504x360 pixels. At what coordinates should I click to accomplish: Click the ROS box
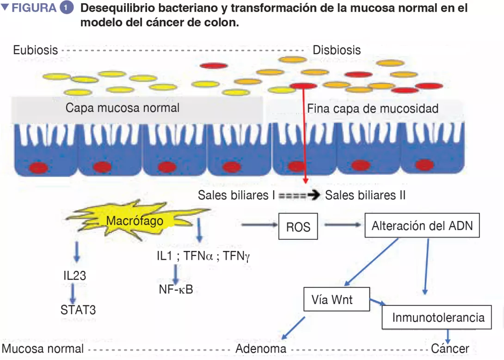tap(298, 226)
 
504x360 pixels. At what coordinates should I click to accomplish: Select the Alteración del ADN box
tap(422, 226)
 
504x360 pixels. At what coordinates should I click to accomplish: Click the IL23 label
tap(74, 275)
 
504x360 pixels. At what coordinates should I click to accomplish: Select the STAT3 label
tap(78, 309)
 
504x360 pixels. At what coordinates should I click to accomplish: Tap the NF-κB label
tap(176, 290)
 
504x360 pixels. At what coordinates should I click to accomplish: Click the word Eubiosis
tap(35, 49)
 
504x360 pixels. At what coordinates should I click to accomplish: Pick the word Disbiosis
tap(337, 49)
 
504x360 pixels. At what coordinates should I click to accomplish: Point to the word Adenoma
tap(261, 348)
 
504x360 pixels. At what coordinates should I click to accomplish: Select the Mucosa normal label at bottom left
tap(43, 348)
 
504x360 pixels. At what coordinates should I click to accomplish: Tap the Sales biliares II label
tap(365, 195)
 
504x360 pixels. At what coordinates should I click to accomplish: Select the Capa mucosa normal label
tap(123, 108)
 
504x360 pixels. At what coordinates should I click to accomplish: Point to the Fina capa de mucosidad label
tap(373, 109)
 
